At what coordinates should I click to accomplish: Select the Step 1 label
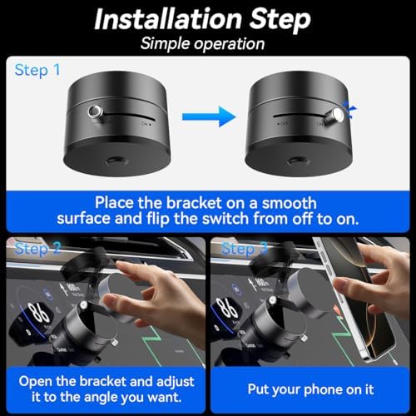pyautogui.click(x=37, y=70)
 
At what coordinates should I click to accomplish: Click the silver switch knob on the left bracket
pyautogui.click(x=95, y=111)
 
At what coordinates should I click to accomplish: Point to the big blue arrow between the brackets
pyautogui.click(x=209, y=116)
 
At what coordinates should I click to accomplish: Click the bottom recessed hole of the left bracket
pyautogui.click(x=116, y=161)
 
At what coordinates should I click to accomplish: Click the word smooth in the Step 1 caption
pyautogui.click(x=289, y=203)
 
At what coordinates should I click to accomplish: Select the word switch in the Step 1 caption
pyautogui.click(x=225, y=219)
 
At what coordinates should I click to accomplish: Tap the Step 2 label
pyautogui.click(x=37, y=249)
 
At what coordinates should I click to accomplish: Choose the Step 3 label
pyautogui.click(x=245, y=249)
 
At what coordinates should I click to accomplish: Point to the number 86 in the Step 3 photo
pyautogui.click(x=227, y=309)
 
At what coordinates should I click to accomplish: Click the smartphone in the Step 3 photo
pyautogui.click(x=358, y=300)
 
